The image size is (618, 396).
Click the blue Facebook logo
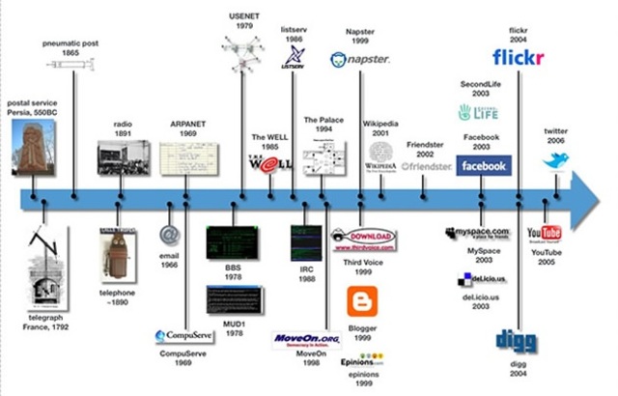tap(484, 165)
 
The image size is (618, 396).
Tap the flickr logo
tap(518, 59)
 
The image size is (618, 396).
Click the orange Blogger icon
tap(361, 301)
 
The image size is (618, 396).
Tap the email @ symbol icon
tap(171, 234)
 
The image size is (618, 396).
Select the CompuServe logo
tap(184, 336)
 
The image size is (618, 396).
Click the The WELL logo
tap(267, 163)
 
